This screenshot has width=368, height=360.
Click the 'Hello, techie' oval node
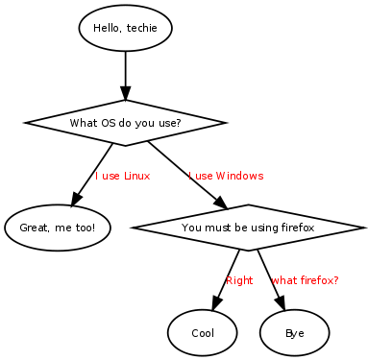(125, 28)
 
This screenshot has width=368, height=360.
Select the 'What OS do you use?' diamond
(125, 123)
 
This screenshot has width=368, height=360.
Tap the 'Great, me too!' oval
(58, 228)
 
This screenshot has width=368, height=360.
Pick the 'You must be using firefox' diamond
(248, 228)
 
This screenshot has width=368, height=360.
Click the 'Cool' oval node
(203, 333)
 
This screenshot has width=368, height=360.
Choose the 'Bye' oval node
(294, 333)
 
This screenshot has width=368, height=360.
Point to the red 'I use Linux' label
(122, 176)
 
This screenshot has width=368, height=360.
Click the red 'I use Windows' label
(226, 176)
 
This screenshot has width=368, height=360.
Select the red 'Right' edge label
(239, 280)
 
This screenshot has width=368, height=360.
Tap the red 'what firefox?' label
(305, 280)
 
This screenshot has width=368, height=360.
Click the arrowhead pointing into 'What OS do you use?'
(125, 93)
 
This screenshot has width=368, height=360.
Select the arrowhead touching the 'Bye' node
(282, 304)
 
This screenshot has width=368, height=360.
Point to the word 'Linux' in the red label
(136, 176)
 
